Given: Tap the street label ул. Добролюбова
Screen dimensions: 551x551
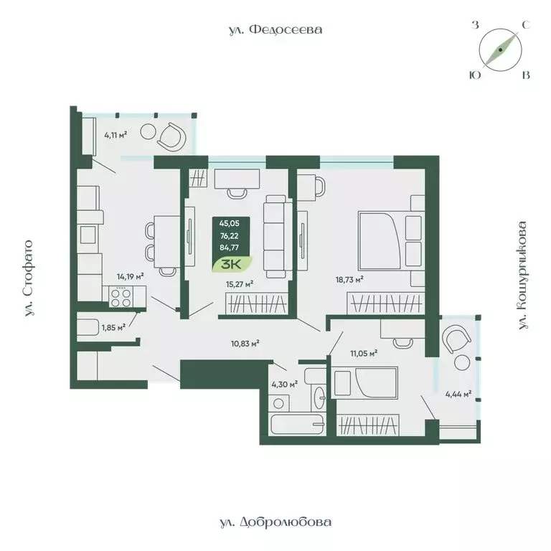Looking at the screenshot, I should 275,522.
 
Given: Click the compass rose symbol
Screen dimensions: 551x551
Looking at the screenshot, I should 500,50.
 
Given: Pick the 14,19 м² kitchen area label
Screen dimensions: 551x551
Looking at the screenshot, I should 130,275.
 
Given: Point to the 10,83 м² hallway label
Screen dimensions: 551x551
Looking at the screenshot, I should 245,344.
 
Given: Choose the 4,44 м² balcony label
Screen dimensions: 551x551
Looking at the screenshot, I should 458,393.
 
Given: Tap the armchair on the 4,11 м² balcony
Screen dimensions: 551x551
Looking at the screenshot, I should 173,136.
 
